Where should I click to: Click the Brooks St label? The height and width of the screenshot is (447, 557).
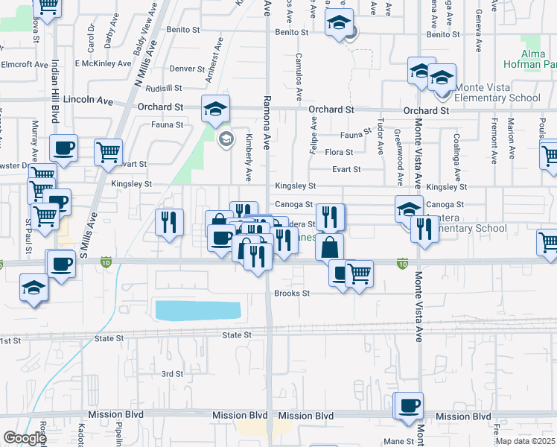[x=292, y=294]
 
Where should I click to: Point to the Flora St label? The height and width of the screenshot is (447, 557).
[x=338, y=152]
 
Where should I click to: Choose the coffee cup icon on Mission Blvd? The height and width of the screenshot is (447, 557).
[x=408, y=406]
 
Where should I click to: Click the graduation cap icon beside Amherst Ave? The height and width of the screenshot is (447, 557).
[x=215, y=110]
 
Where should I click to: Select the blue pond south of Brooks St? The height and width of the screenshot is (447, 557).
[x=197, y=311]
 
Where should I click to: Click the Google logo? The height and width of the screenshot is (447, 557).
[x=25, y=438]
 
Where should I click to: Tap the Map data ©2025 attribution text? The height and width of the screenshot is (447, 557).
[x=525, y=441]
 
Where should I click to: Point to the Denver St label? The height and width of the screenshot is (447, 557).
[x=187, y=69]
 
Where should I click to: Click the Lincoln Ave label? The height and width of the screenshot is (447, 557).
[x=87, y=99]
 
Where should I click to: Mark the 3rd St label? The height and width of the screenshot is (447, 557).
[x=172, y=374]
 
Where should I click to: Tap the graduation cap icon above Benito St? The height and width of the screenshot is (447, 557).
[x=339, y=24]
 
